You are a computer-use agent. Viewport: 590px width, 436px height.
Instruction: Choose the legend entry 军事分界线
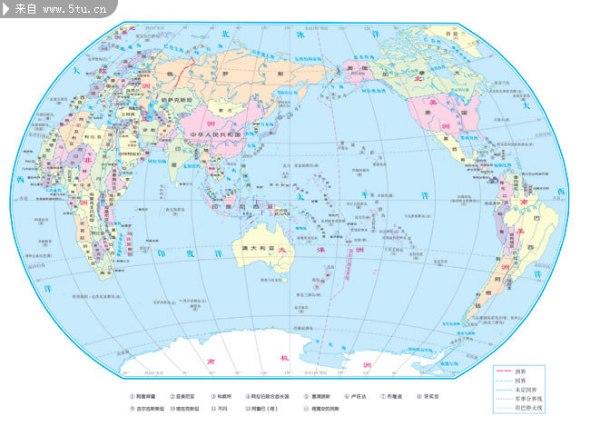coord(526,399)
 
